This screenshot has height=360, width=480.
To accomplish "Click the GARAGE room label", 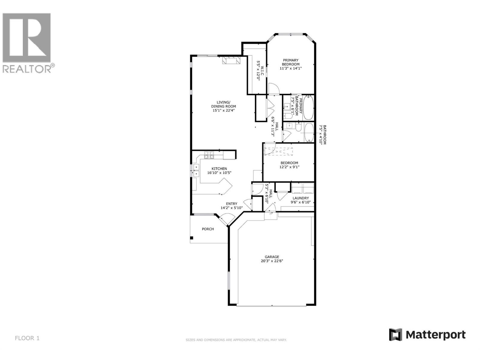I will [272, 257].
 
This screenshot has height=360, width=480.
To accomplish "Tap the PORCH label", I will [208, 229].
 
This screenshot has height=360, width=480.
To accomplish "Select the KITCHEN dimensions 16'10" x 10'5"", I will [219, 173].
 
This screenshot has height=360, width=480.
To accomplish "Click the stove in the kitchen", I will [209, 155].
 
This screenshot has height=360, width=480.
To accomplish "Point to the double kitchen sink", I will [196, 170].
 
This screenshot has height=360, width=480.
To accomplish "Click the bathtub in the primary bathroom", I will [308, 107].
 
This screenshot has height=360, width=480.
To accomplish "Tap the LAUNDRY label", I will [301, 198].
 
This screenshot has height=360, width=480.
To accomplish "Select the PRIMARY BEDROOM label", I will [290, 62].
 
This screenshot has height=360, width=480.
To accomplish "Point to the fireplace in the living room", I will [231, 60].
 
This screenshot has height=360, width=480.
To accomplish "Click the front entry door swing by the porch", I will [225, 220].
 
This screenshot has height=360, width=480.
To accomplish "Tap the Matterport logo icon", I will [395, 334].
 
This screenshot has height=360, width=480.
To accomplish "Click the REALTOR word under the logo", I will [27, 69].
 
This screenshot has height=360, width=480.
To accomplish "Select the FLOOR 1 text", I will [27, 338].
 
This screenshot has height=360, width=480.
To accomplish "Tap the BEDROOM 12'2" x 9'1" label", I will [289, 165].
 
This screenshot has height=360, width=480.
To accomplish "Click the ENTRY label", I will [232, 204].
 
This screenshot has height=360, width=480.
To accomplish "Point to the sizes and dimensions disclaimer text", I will [236, 340].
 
